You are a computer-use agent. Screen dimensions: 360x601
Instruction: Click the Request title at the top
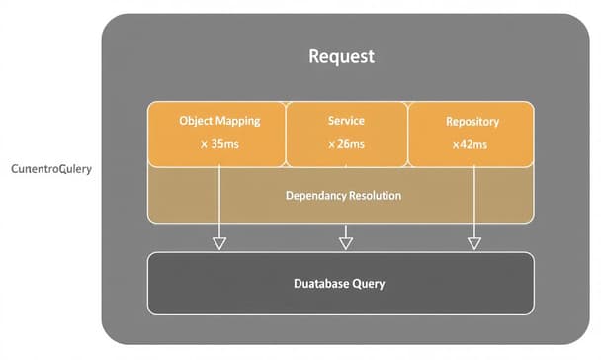pyautogui.click(x=342, y=56)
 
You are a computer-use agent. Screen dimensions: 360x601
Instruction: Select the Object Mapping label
pyautogui.click(x=219, y=121)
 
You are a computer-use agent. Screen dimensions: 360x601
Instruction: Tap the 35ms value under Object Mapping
pyautogui.click(x=219, y=144)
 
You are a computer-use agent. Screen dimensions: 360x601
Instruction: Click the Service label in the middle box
pyautogui.click(x=346, y=121)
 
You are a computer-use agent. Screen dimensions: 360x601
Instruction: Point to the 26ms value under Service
pyautogui.click(x=346, y=144)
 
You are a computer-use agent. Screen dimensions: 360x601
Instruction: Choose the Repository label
pyautogui.click(x=472, y=122)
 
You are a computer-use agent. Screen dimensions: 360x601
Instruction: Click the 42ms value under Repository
pyautogui.click(x=472, y=144)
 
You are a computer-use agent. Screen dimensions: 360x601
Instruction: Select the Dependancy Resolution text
pyautogui.click(x=343, y=196)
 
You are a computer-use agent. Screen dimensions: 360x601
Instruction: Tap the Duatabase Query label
pyautogui.click(x=339, y=284)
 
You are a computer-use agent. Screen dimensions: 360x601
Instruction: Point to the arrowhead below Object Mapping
pyautogui.click(x=219, y=242)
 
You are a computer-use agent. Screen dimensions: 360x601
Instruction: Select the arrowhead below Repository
pyautogui.click(x=473, y=242)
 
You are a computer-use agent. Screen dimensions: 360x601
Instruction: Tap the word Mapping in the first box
pyautogui.click(x=238, y=121)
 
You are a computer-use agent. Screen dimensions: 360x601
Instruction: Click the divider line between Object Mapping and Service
pyautogui.click(x=285, y=134)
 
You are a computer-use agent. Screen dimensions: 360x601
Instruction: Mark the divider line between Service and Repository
pyautogui.click(x=408, y=134)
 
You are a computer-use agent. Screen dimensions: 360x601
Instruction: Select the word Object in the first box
pyautogui.click(x=196, y=121)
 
